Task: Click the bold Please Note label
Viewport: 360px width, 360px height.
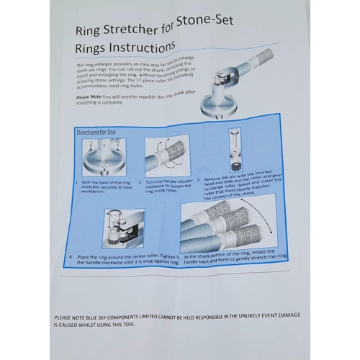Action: [89, 96]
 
